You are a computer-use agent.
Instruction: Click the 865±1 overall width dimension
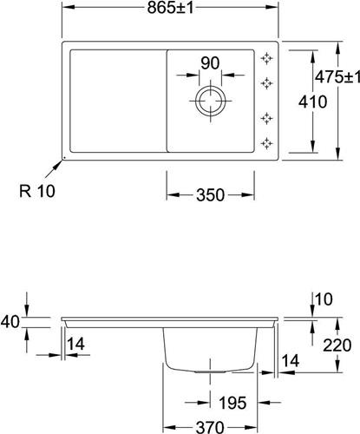pos(170,8)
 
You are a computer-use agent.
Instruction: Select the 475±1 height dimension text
pos(337,77)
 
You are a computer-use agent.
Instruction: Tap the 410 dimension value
pos(312,102)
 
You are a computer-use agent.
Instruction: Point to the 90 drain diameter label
pos(210,63)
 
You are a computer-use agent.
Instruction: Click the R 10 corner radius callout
pos(37,191)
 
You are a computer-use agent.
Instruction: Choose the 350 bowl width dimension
pos(210,194)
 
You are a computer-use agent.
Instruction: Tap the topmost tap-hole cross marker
pos(266,58)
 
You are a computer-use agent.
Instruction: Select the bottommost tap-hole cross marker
pos(266,143)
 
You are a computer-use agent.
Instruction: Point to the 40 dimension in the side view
pos(10,322)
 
